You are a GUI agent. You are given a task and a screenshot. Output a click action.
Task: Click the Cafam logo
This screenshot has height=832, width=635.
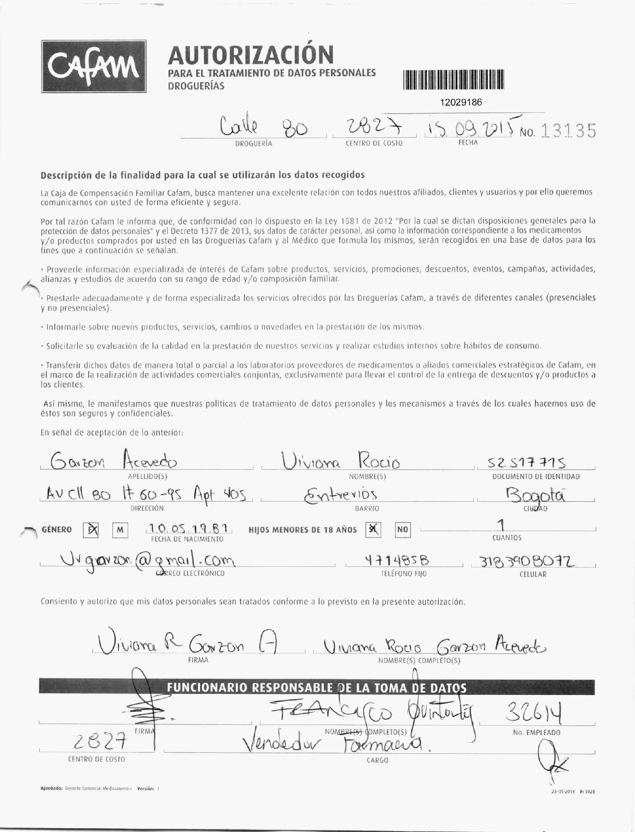point(94,66)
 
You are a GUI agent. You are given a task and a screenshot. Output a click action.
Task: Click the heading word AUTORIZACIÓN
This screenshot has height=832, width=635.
point(251,55)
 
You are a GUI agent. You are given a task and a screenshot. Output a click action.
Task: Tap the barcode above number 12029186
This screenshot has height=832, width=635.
point(453,80)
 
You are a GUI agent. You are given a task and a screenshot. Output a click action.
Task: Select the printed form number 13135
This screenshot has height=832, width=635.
point(568,131)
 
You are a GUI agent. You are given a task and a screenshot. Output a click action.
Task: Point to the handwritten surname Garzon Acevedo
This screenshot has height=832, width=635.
point(114,463)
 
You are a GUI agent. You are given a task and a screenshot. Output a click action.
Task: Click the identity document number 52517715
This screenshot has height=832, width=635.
point(527,463)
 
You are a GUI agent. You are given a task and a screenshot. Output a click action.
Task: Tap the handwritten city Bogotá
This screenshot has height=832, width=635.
point(535,496)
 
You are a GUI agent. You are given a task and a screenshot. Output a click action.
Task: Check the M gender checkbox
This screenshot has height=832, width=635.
point(120,530)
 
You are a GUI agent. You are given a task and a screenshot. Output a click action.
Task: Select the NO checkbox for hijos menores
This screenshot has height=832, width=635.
point(403,530)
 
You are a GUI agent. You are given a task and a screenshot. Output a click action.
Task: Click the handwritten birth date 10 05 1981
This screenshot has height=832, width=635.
point(189,528)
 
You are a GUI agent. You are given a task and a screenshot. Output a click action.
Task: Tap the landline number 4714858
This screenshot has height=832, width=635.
point(397,561)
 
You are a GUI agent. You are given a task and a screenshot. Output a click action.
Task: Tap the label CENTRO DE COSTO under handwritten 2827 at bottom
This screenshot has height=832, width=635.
point(96,759)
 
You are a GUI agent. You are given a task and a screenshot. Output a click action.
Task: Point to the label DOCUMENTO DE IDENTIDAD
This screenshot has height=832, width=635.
point(536,476)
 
